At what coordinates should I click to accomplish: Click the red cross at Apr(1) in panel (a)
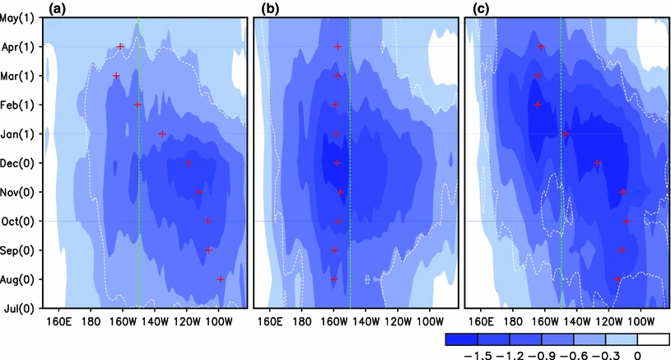point(120,47)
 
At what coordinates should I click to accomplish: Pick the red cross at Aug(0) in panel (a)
point(220,279)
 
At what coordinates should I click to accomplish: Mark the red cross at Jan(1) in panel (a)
point(161,133)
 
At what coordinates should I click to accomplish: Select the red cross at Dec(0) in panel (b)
point(337,163)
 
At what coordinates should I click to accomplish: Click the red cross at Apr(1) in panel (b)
point(338,47)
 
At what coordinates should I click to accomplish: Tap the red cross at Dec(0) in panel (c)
point(597,163)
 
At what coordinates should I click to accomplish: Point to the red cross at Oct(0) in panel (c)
point(627,221)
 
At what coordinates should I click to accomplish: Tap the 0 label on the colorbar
point(636,354)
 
